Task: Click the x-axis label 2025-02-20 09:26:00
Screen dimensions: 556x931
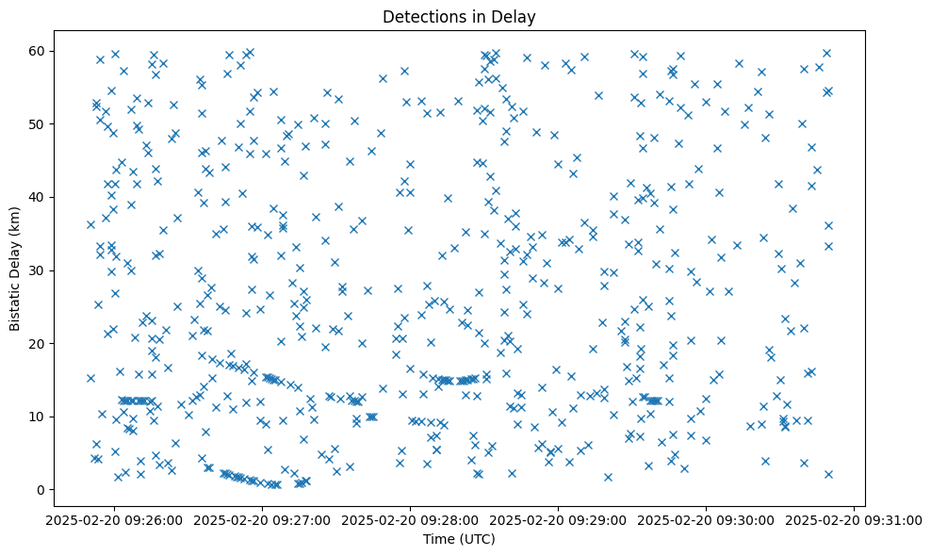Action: (115, 520)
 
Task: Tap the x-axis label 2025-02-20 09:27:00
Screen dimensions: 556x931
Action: (263, 520)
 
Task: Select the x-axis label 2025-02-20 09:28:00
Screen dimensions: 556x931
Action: (411, 520)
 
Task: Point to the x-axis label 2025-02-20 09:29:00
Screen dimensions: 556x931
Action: (559, 520)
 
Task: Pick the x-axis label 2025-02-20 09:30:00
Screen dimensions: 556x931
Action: (707, 520)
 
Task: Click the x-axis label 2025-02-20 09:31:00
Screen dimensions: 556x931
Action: (855, 520)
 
